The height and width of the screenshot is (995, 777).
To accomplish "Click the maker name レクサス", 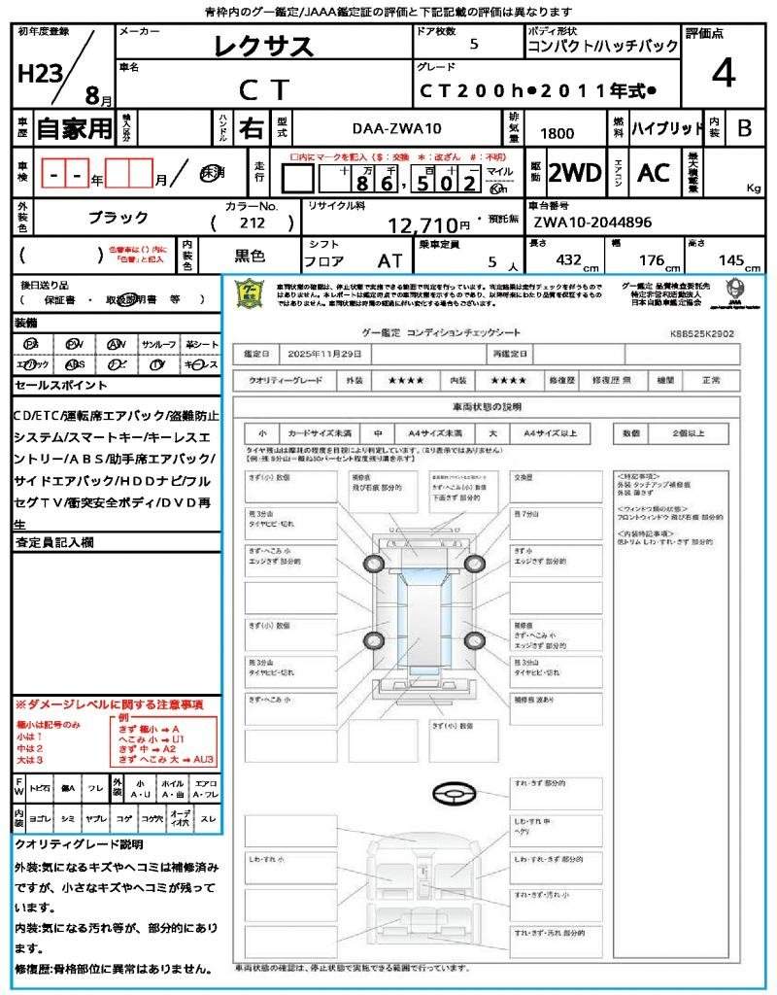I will coord(263,46).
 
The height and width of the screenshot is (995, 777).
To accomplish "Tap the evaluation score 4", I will coord(723,73).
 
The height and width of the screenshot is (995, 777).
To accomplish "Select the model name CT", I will coord(263,90).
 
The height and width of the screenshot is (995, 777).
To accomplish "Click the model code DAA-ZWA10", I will coord(395,127).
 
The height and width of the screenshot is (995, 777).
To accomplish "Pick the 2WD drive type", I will coord(575,173).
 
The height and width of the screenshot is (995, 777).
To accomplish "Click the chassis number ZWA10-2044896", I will coord(592,223).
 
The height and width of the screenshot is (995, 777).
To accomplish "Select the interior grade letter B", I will coord(744,127).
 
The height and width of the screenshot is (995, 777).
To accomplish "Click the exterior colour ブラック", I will coord(118,218).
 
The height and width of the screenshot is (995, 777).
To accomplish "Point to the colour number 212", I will coord(252,223).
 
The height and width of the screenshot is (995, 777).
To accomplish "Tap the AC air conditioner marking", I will coord(654,173).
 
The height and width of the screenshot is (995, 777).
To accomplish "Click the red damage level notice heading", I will coord(109,703).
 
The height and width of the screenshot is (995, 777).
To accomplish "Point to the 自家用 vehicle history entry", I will coord(75,127).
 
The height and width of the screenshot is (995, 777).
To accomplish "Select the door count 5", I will coord(473,44).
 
